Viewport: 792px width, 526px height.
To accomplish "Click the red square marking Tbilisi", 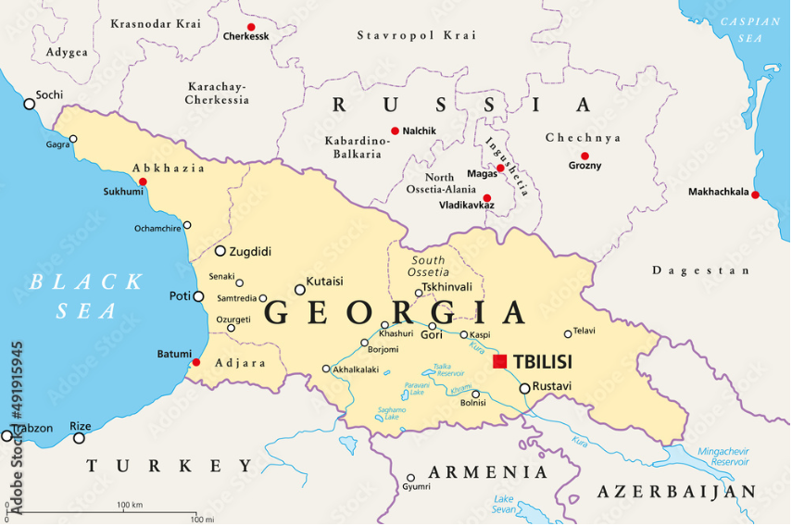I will coord(500,361).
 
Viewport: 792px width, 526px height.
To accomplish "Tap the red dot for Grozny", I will coord(585,156).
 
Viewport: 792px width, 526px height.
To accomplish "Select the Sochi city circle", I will coord(30,104).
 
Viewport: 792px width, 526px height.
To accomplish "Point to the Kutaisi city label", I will coord(324,281).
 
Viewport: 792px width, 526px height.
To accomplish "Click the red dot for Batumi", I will coord(196,361).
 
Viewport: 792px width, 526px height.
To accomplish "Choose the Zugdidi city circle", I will coord(220,251).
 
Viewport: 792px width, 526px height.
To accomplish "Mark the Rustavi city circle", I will coord(525,388).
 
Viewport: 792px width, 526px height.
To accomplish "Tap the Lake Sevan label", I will coord(504,505).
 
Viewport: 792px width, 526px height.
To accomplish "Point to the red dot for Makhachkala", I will coord(755,194).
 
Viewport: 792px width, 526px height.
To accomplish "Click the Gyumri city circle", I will coord(410,479).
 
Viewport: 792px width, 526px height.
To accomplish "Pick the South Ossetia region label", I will coord(429,266).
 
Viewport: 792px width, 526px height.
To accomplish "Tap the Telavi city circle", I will coord(569,334).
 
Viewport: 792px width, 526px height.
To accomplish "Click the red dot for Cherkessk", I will coord(250,27).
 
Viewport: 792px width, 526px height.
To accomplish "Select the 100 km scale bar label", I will coord(130,505).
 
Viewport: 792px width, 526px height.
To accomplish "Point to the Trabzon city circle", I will coord(7,435).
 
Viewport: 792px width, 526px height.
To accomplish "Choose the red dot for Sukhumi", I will coord(143,182).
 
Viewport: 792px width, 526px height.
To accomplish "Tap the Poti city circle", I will coord(198,296).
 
